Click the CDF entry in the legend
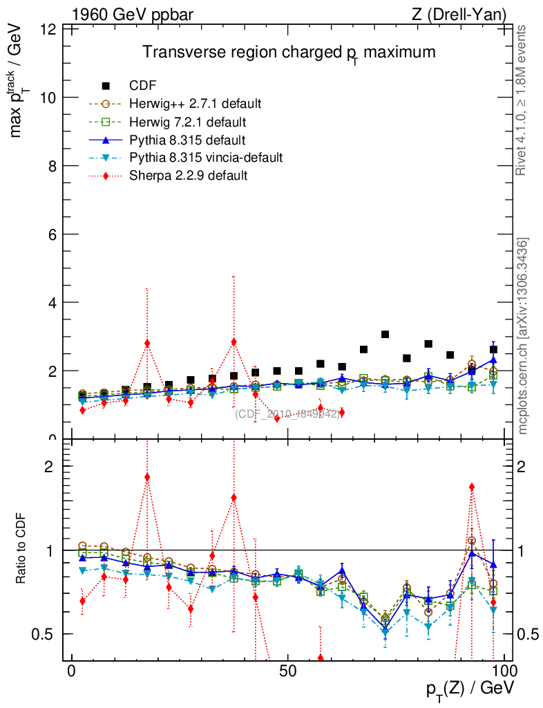tap(142, 86)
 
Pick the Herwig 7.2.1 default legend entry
tap(187, 122)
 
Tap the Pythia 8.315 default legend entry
tap(187, 140)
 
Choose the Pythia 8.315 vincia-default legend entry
tap(206, 158)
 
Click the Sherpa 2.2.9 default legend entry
tap(188, 176)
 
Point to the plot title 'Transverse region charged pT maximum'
tap(289, 53)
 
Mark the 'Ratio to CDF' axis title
tap(21, 550)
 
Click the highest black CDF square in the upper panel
tap(385, 335)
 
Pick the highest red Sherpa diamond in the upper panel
tap(234, 342)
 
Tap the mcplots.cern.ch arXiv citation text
tap(523, 336)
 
